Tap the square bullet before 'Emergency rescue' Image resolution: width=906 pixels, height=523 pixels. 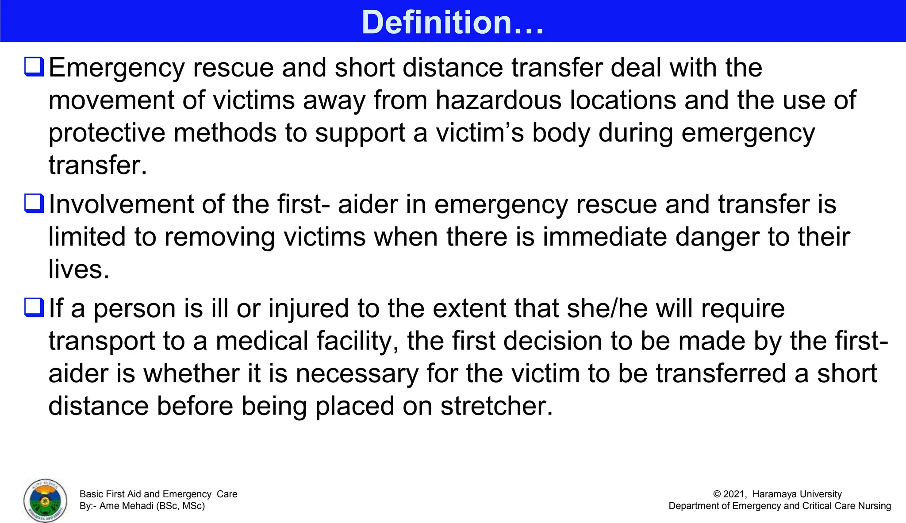[x=34, y=67]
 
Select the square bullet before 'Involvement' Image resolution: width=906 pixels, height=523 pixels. [x=34, y=204]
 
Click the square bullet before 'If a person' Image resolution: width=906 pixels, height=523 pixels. [x=34, y=308]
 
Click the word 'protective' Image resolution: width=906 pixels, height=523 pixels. [x=107, y=133]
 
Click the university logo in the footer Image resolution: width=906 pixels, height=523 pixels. [x=45, y=500]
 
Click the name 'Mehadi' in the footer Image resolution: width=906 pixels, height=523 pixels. [x=137, y=506]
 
